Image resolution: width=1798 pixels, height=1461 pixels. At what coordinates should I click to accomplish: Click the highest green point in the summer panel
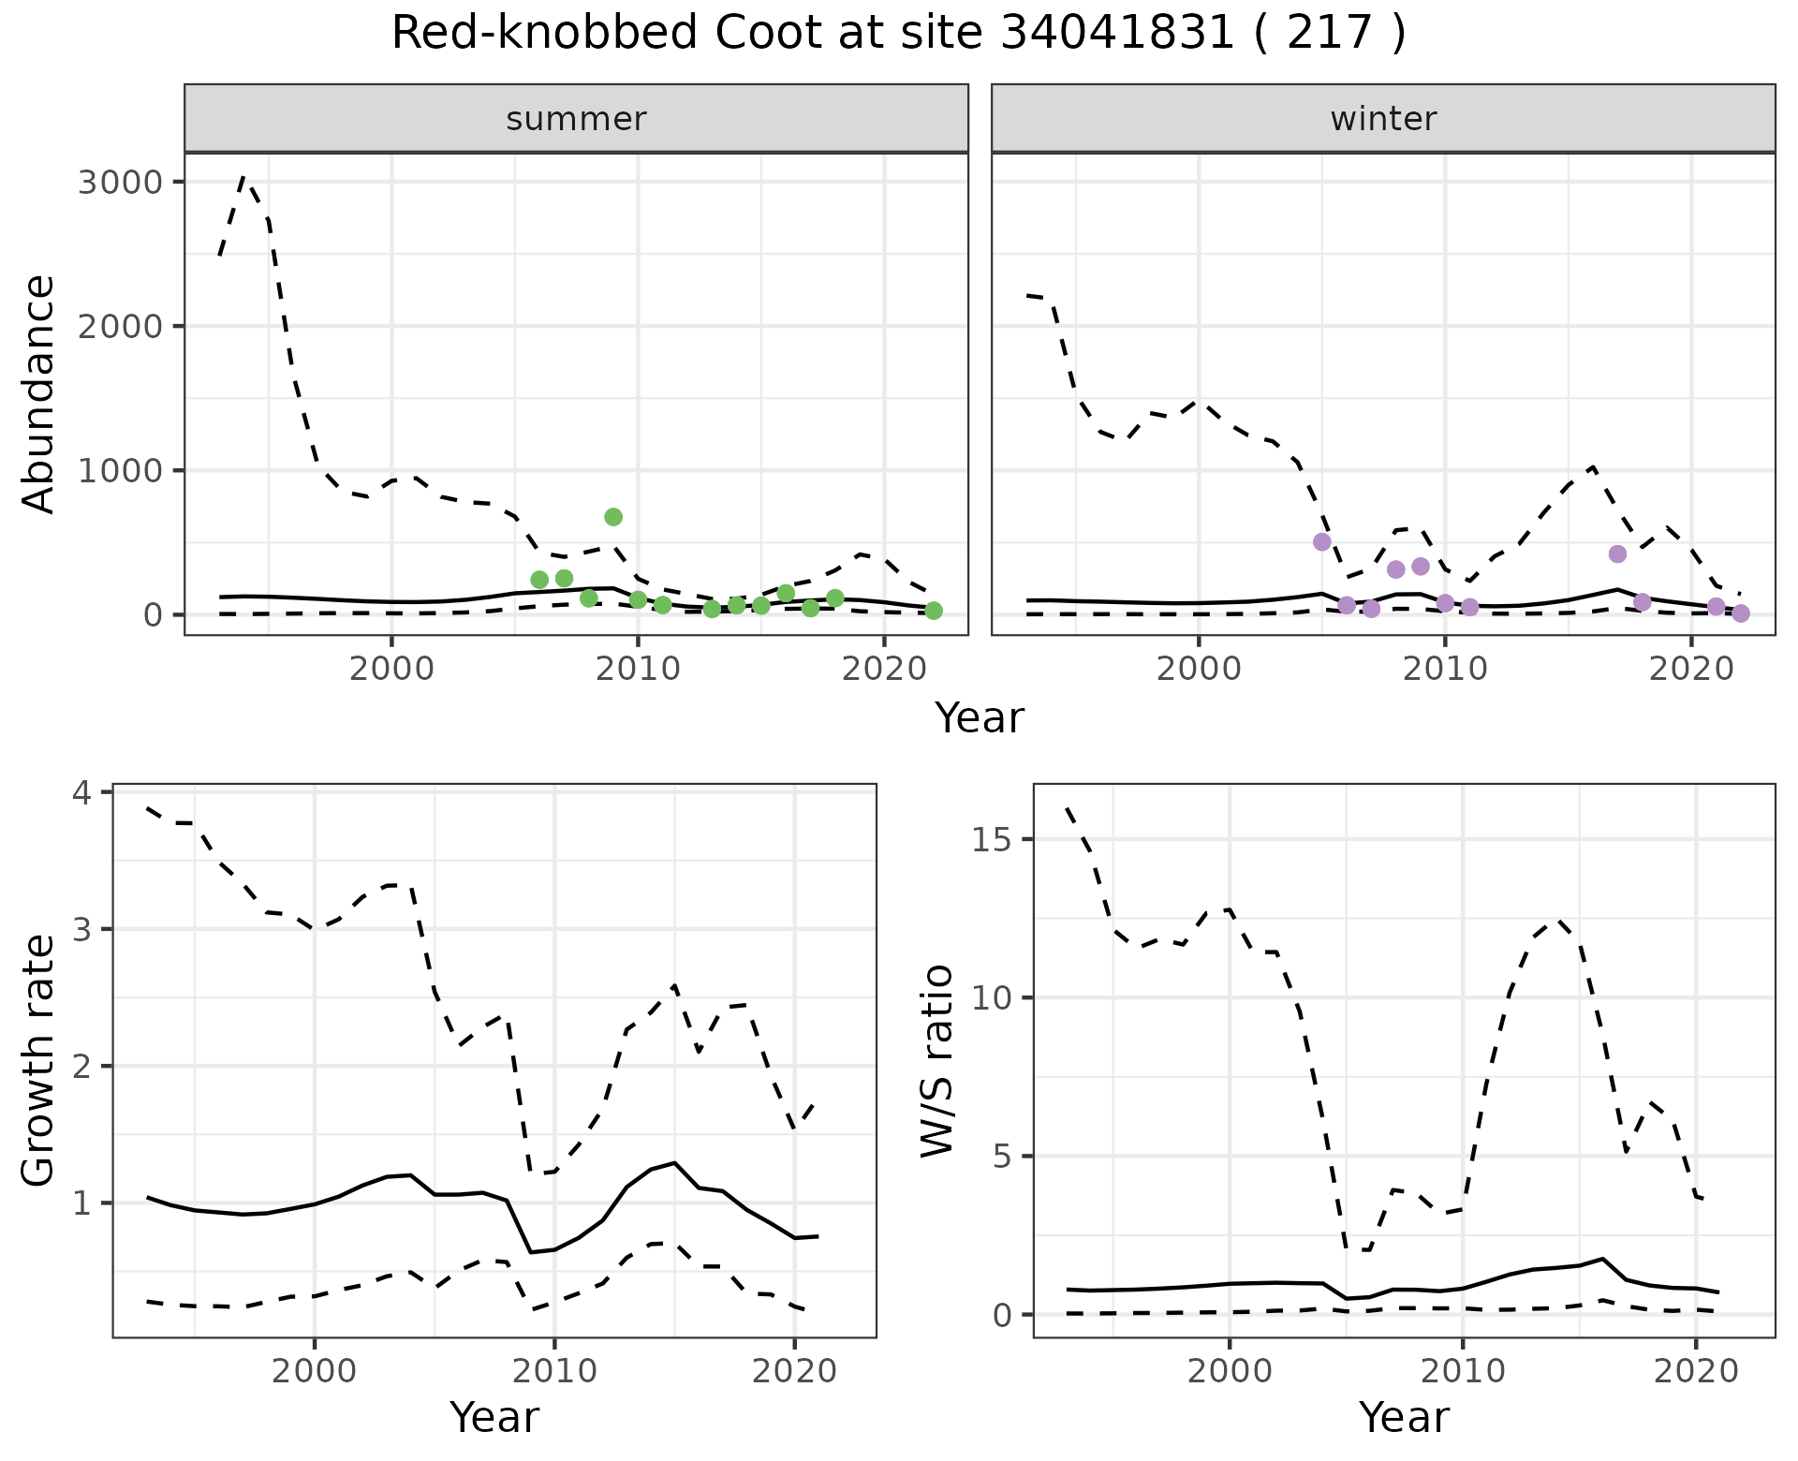(613, 517)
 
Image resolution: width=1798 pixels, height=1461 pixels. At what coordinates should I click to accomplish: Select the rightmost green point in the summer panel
(933, 611)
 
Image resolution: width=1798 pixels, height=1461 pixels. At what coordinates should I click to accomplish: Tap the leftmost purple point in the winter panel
(1322, 542)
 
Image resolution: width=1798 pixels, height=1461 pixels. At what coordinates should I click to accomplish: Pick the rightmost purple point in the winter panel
(1741, 613)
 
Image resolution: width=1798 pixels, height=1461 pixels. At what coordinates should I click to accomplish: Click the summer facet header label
(576, 119)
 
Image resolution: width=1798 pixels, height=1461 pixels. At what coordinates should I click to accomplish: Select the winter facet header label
(1383, 119)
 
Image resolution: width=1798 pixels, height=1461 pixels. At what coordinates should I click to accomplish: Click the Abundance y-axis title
(38, 393)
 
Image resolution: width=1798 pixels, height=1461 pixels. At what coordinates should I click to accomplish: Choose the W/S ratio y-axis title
(936, 1060)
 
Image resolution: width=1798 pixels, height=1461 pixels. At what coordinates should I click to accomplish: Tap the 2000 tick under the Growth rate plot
(314, 1372)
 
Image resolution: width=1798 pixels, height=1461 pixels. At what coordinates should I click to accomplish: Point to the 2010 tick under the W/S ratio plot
(1462, 1372)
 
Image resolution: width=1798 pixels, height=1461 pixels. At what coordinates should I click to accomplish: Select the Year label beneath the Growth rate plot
(494, 1418)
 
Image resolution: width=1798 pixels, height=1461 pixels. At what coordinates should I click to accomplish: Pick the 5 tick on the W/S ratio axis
(1002, 1157)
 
